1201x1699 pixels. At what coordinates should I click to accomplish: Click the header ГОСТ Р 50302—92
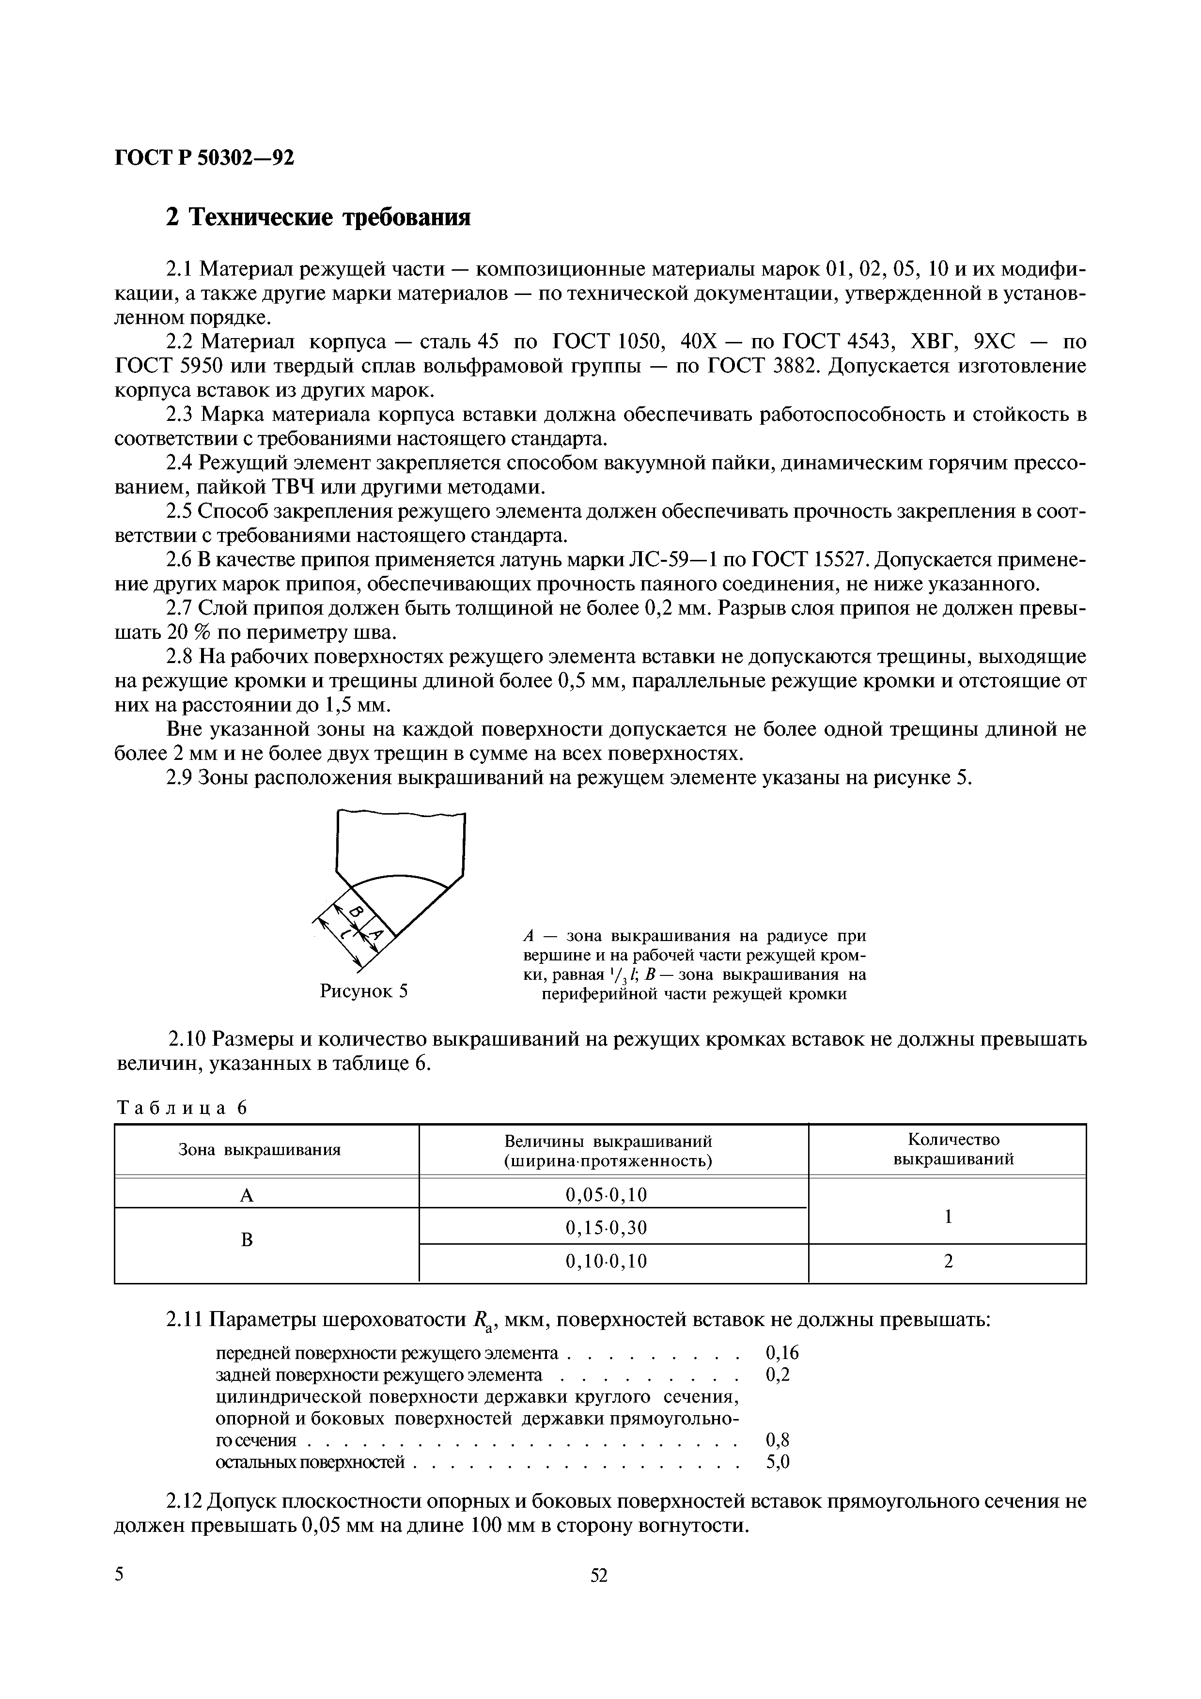click(204, 157)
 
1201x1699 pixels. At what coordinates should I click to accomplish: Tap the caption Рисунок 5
click(363, 990)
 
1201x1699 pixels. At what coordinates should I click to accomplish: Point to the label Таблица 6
click(182, 1108)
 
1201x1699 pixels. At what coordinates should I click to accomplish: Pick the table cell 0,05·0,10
click(606, 1194)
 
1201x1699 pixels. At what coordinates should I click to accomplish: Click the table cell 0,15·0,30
click(606, 1228)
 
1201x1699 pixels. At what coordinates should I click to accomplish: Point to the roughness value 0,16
click(782, 1353)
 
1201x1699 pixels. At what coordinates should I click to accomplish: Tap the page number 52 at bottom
click(599, 1597)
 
